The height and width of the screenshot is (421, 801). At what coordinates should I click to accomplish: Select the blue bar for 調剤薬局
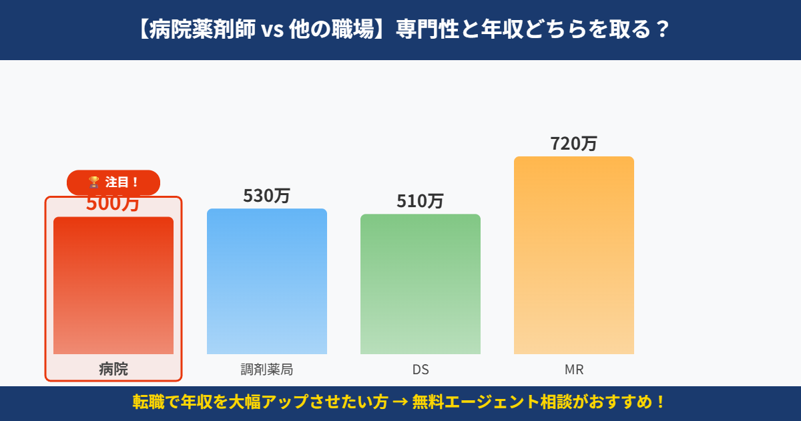(267, 281)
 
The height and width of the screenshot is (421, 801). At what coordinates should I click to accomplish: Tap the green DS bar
(421, 284)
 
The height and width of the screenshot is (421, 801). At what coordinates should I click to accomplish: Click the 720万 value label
(574, 144)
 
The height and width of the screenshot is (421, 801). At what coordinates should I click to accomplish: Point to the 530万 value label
(267, 196)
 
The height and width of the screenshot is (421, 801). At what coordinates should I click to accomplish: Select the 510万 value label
(421, 201)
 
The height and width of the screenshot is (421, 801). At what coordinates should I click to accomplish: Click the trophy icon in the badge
(94, 182)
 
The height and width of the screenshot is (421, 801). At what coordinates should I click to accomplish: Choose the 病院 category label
(113, 369)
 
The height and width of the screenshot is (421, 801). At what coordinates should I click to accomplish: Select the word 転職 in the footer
(146, 403)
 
